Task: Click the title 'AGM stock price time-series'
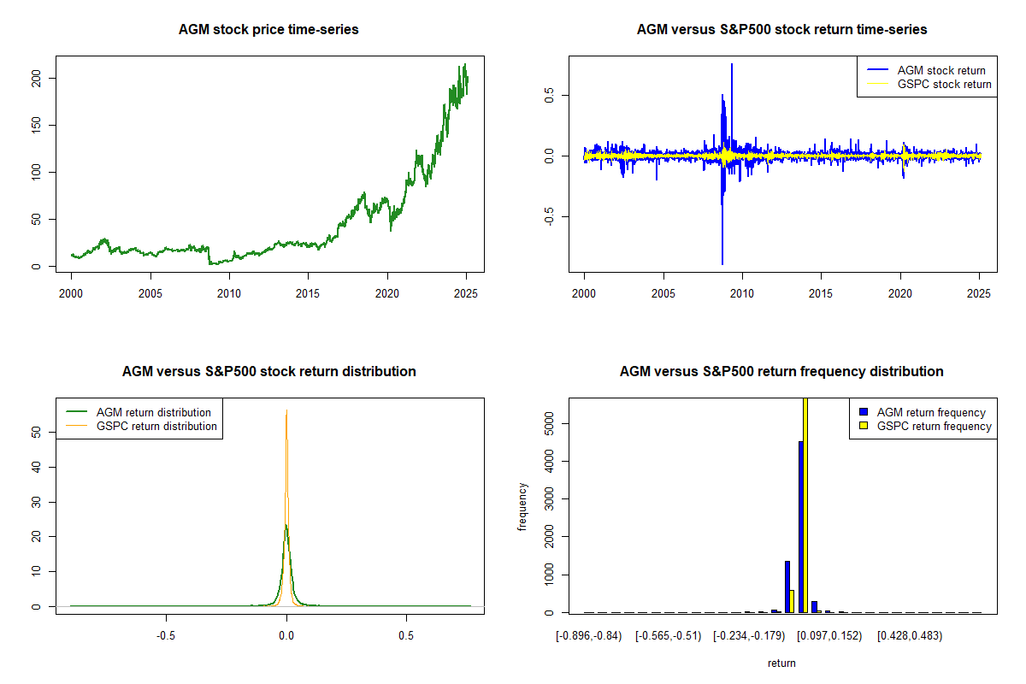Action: [268, 30]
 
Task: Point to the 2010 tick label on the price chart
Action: [229, 292]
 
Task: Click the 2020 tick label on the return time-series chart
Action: [900, 292]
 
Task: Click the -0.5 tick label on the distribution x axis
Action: [166, 635]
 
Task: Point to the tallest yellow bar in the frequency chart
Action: [805, 504]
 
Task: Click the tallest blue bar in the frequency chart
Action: [800, 526]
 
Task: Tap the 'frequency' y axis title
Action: [523, 506]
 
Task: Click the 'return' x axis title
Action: [781, 663]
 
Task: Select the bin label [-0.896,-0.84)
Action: [589, 635]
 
